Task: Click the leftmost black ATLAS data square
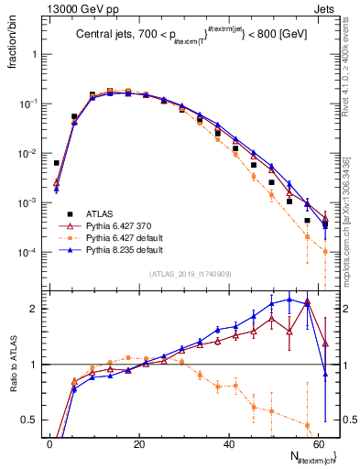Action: pos(57,163)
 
